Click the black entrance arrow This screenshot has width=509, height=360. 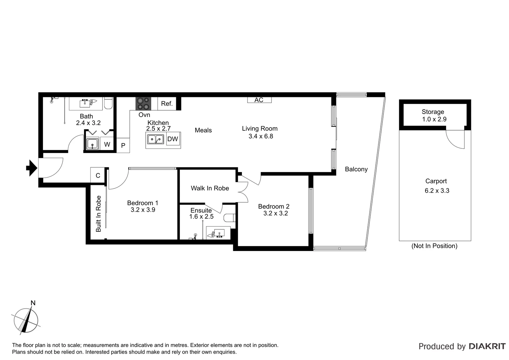click(x=32, y=168)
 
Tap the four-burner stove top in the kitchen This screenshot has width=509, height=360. click(x=143, y=104)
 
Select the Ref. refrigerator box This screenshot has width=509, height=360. click(x=167, y=104)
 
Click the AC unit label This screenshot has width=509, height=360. click(x=259, y=100)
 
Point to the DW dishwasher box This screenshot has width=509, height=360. click(x=173, y=139)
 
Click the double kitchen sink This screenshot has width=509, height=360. click(x=156, y=139)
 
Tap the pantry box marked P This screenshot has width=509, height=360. click(x=123, y=146)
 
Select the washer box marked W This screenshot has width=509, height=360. click(x=107, y=144)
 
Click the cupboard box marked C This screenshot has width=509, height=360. click(x=98, y=175)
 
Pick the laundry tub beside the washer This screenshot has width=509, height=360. click(x=92, y=144)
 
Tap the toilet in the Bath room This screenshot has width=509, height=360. click(x=108, y=103)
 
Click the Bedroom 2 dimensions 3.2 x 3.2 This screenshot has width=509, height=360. click(x=275, y=214)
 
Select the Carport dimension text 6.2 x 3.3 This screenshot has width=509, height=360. click(x=437, y=191)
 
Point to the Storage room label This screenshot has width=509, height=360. click(x=433, y=112)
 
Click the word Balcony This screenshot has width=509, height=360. click(x=356, y=169)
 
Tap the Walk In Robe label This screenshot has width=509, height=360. click(x=210, y=188)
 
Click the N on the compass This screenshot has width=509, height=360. click(x=33, y=303)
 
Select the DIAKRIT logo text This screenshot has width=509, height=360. click(x=487, y=346)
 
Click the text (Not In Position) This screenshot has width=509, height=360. click(x=434, y=246)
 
